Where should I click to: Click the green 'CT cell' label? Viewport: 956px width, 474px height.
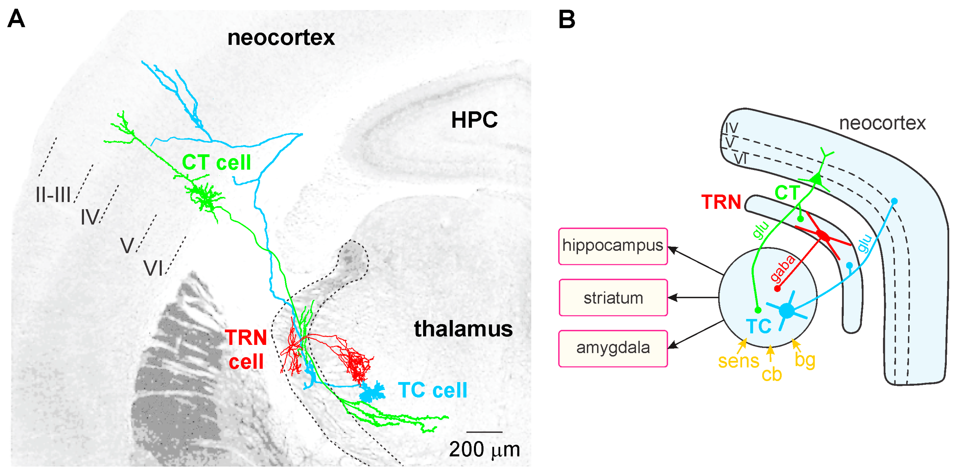pos(216,162)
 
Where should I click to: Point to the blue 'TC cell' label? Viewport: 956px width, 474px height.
pos(432,390)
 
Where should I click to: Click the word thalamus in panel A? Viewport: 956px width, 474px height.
pos(463,329)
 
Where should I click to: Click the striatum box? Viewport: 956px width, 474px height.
pos(613,298)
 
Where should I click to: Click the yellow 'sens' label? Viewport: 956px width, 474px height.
pos(738,361)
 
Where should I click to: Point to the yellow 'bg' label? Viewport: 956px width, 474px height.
pos(804,360)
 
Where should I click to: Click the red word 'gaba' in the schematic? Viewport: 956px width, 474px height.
pos(782,268)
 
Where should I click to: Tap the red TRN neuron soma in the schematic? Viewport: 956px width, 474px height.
pos(822,236)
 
